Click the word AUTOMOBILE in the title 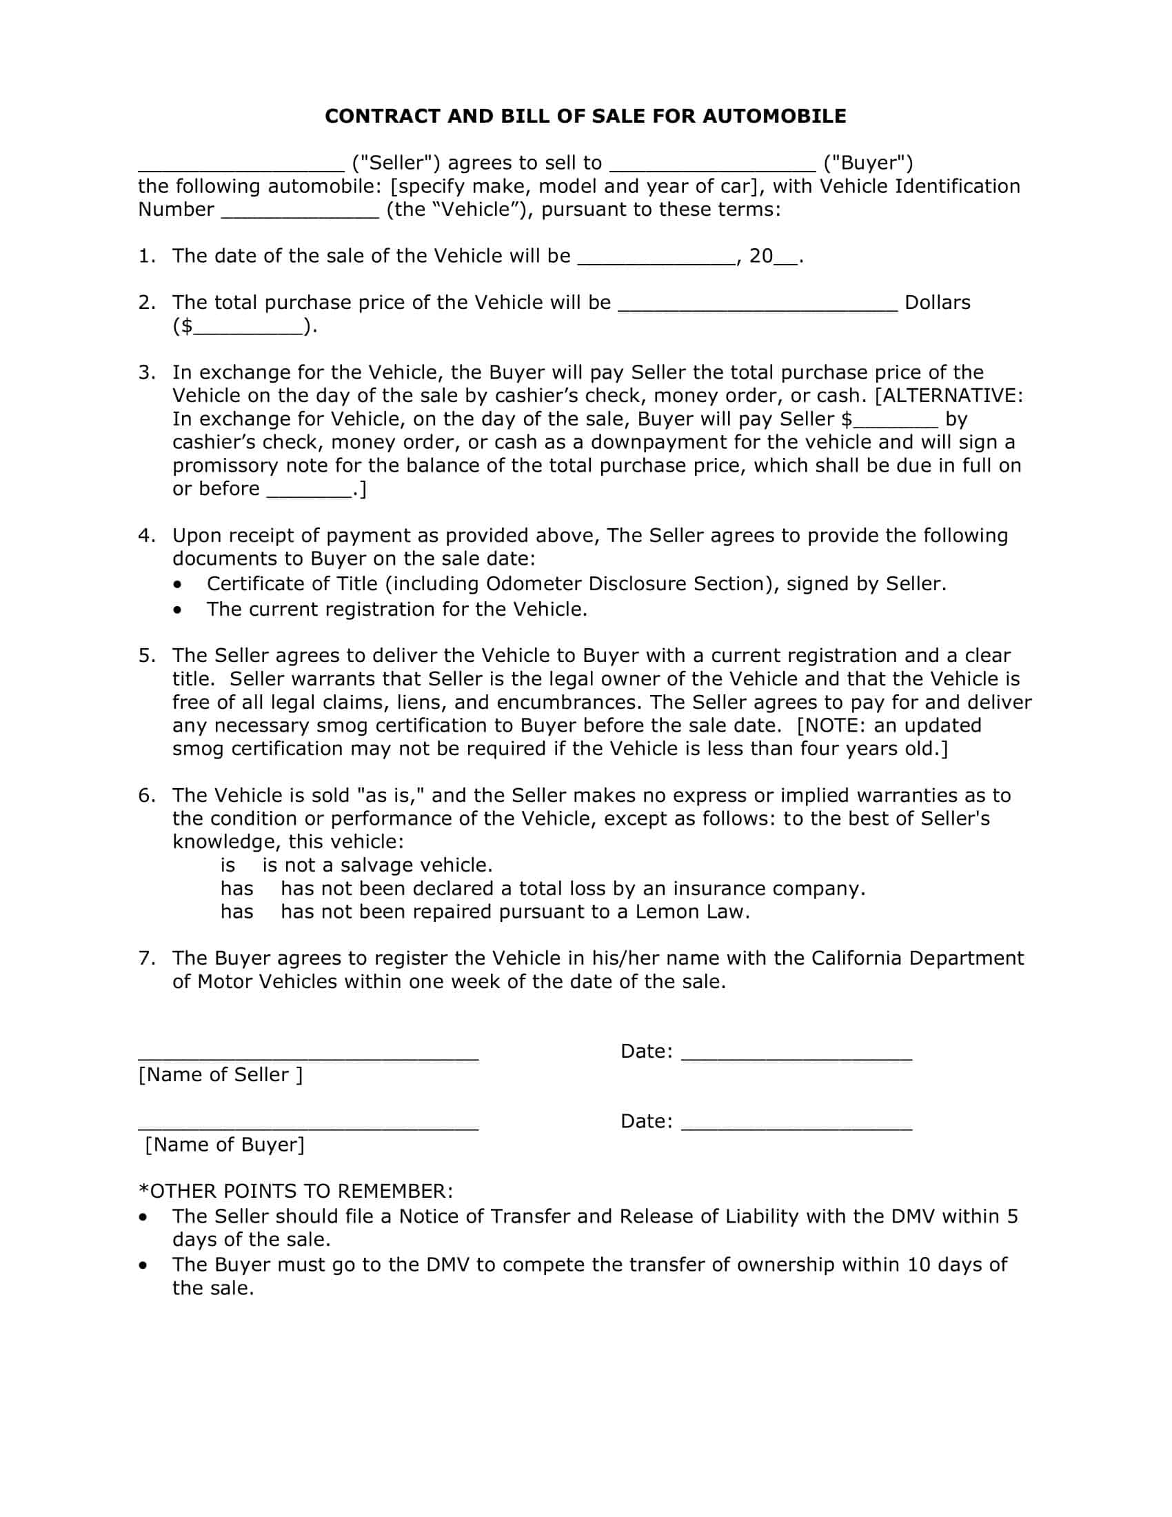774,116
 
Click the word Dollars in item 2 938,302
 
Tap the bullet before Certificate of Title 179,584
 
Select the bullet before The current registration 179,610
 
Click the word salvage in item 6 378,865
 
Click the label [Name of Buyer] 224,1145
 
